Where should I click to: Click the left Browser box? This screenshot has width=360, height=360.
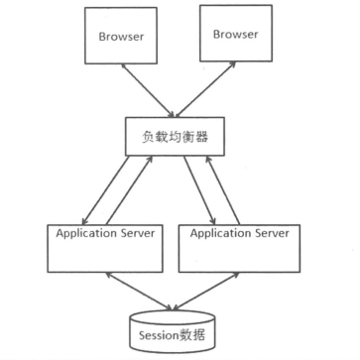(123, 39)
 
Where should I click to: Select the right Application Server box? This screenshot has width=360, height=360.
(238, 248)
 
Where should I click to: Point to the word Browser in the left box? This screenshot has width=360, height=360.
(123, 38)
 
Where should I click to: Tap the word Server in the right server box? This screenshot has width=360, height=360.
(271, 234)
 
